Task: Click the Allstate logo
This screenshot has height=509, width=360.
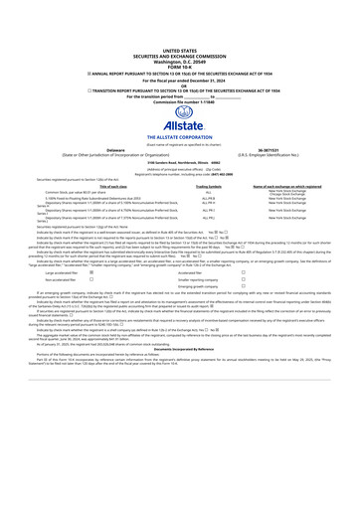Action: click(179, 115)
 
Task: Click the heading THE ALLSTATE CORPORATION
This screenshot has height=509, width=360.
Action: click(179, 136)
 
